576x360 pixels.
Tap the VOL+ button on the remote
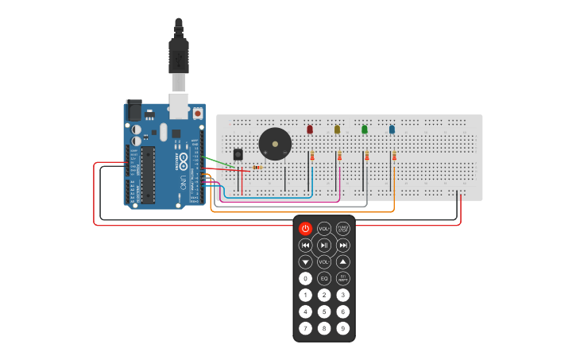324,229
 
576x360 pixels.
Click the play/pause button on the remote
324,246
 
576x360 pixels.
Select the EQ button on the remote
324,278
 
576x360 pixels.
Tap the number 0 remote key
305,278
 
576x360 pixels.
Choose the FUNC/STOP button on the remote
343,229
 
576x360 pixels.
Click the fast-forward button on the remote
343,246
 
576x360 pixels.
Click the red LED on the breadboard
310,129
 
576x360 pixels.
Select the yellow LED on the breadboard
337,129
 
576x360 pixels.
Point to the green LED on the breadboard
365,129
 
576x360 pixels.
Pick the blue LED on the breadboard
392,129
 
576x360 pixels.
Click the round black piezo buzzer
275,144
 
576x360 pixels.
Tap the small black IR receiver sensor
238,153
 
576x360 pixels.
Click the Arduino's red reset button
198,114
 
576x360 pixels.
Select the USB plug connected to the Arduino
179,64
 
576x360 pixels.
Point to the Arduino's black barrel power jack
134,110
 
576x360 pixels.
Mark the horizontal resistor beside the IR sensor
257,168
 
